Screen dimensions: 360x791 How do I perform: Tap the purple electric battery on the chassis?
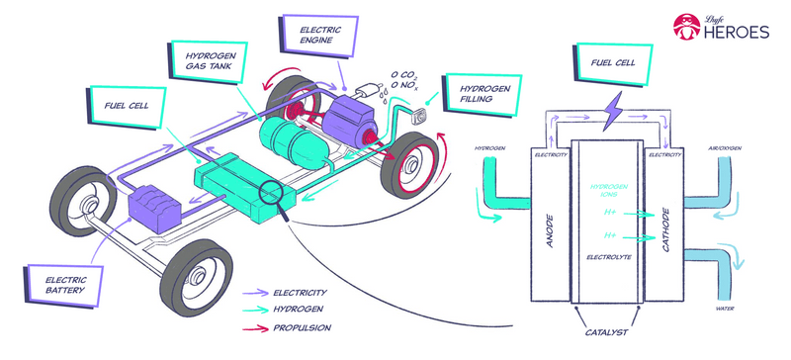(154, 207)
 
